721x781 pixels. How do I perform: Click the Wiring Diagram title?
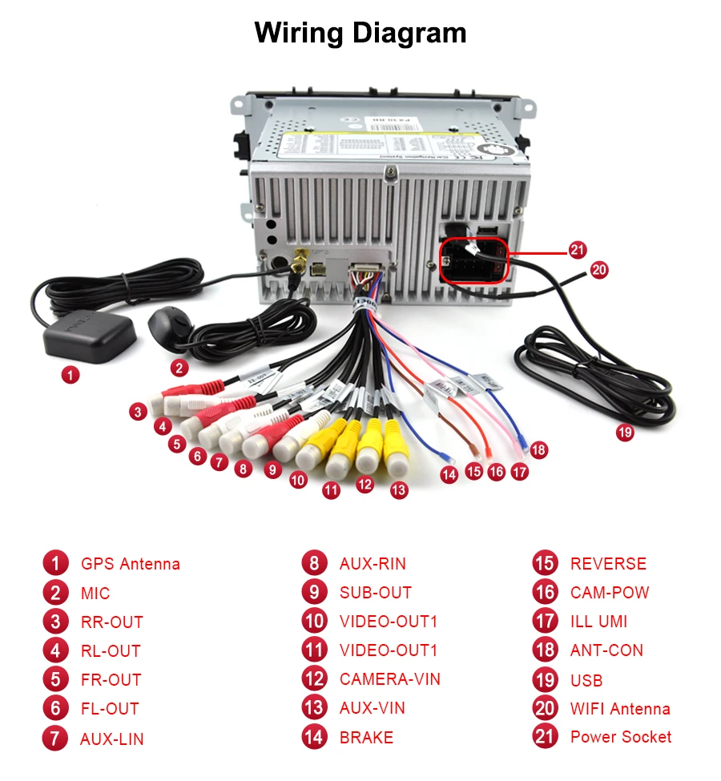(x=360, y=34)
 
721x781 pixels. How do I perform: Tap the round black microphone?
(x=169, y=325)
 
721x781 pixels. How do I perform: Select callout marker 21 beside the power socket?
(x=578, y=250)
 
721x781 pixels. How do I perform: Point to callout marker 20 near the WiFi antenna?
(x=599, y=270)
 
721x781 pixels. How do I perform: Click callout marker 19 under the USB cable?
(x=624, y=433)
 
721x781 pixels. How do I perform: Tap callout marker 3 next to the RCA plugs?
(x=139, y=412)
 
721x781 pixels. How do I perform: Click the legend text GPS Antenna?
(x=131, y=564)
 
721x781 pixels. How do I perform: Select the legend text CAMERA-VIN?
(x=389, y=679)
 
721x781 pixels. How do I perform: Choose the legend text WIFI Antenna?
(x=620, y=709)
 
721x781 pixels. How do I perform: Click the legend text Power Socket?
(x=621, y=737)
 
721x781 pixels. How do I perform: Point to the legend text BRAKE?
(x=366, y=738)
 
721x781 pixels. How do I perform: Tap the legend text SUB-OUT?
(x=375, y=593)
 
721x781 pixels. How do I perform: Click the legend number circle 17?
(x=545, y=621)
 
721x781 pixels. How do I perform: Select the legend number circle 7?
(x=55, y=738)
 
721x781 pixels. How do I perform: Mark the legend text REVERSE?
(x=608, y=564)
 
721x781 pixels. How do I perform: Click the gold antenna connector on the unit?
(x=299, y=261)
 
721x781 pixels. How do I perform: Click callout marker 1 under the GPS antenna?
(x=71, y=374)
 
